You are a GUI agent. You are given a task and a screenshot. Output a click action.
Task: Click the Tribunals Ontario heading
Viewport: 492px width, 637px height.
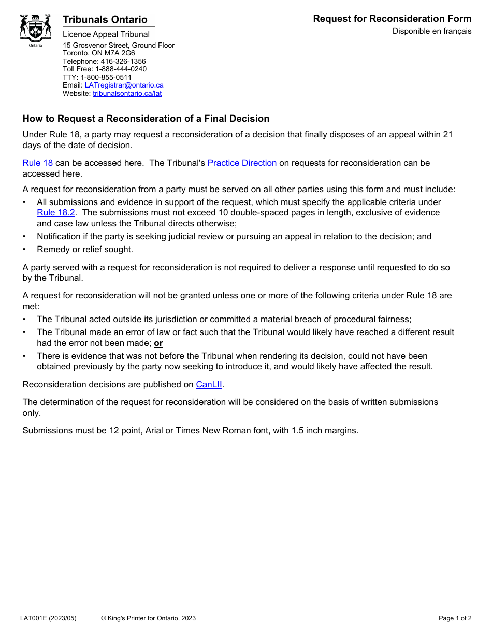105,20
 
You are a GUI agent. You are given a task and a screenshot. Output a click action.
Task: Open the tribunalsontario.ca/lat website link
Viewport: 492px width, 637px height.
127,94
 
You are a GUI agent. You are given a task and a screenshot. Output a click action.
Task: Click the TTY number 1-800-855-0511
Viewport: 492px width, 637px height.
106,77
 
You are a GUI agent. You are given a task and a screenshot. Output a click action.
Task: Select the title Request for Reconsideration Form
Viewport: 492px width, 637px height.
392,19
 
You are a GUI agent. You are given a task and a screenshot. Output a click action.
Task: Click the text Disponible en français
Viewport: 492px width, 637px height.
431,31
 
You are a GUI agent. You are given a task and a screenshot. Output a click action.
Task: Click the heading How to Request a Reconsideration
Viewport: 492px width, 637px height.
146,119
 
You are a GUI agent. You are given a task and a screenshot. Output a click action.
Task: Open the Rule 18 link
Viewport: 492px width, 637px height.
38,163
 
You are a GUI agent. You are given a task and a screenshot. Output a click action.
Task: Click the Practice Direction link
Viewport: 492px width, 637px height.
242,163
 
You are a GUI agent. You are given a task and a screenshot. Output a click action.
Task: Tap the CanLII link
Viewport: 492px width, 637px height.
209,385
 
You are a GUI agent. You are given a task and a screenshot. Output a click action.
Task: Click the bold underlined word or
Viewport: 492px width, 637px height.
158,343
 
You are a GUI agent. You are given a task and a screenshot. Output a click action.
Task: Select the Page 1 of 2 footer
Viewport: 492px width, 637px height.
455,618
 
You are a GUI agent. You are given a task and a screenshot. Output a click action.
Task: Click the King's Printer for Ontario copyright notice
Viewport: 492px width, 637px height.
148,618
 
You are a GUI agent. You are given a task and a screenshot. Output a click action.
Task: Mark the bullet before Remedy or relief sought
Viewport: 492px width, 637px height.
24,250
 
